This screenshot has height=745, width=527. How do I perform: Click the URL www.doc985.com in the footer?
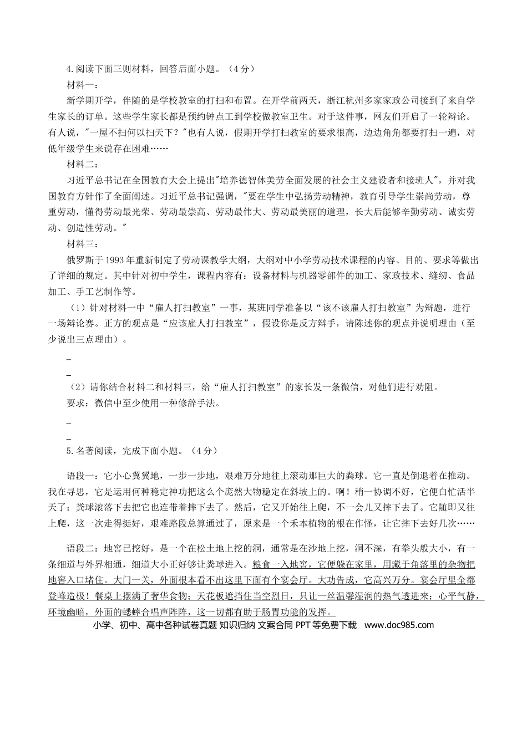(x=399, y=625)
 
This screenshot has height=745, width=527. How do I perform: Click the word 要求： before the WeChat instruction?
(x=80, y=404)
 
